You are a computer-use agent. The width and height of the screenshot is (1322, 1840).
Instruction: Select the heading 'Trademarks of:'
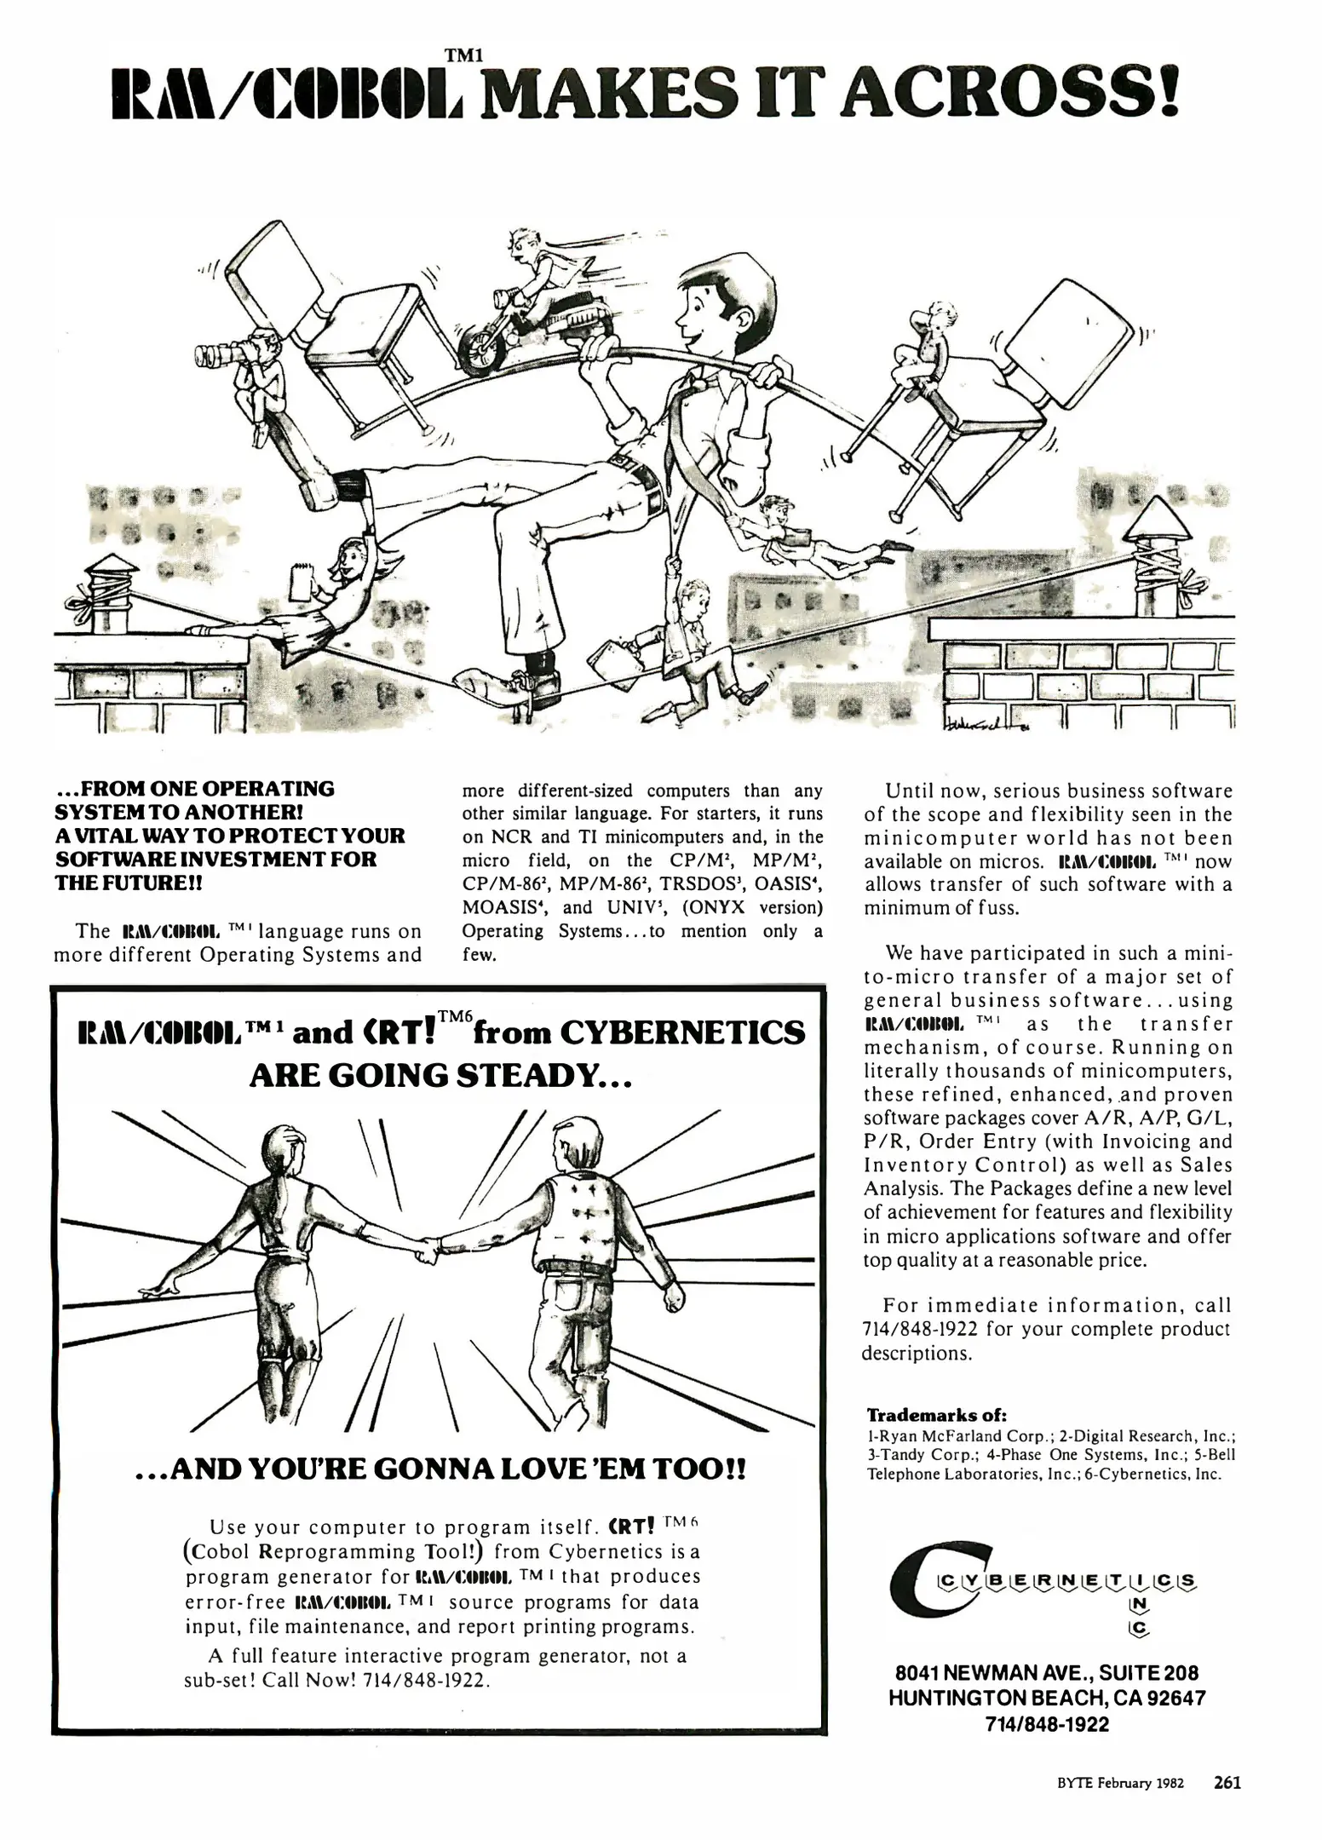936,1415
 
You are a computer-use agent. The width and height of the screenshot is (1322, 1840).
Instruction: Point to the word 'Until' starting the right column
913,791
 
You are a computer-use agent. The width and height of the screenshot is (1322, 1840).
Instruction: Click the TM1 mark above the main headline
464,55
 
